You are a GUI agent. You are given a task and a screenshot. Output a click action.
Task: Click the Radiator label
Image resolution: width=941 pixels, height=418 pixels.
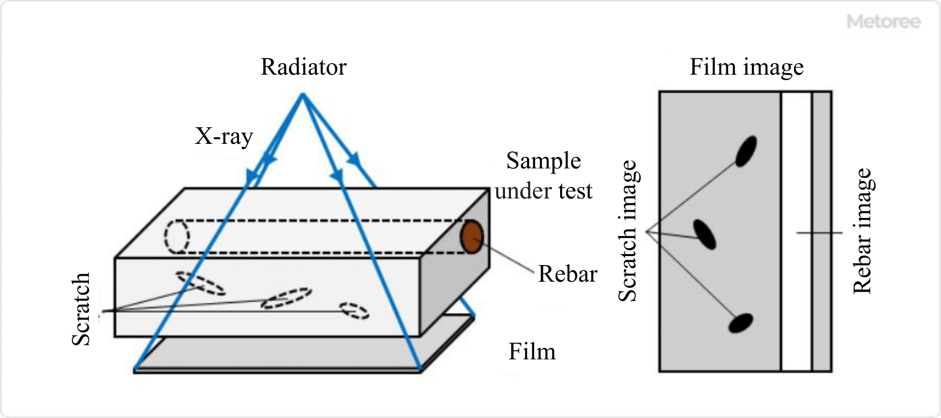pyautogui.click(x=303, y=67)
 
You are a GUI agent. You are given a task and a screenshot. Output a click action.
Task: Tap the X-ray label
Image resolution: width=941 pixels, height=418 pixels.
pyautogui.click(x=223, y=136)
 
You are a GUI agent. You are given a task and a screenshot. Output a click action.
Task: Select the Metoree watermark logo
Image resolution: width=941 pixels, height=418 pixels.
pyautogui.click(x=883, y=22)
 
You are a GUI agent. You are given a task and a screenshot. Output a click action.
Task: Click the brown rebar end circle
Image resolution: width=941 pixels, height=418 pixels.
pyautogui.click(x=472, y=237)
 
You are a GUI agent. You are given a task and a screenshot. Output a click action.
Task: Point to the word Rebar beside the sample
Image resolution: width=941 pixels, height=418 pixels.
pyautogui.click(x=567, y=274)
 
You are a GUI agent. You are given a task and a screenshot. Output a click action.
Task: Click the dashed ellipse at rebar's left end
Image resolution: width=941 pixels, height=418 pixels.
pyautogui.click(x=177, y=237)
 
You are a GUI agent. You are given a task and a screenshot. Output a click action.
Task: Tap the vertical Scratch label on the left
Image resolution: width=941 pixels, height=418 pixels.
pyautogui.click(x=80, y=309)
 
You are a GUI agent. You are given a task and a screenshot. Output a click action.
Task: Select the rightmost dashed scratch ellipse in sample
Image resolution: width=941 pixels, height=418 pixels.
pyautogui.click(x=354, y=310)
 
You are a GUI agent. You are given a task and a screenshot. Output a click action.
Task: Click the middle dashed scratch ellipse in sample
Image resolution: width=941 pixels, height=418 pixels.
pyautogui.click(x=287, y=298)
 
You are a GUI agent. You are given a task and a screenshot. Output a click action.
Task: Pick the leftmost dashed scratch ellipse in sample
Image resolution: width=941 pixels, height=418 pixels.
pyautogui.click(x=200, y=283)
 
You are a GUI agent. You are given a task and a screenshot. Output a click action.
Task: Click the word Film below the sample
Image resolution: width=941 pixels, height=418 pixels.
pyautogui.click(x=531, y=352)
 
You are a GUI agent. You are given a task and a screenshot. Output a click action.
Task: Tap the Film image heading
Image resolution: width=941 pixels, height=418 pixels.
pyautogui.click(x=746, y=67)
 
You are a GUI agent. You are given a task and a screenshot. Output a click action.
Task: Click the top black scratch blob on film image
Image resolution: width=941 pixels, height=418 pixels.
pyautogui.click(x=746, y=151)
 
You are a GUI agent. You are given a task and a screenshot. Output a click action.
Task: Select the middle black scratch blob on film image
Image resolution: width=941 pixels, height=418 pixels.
pyautogui.click(x=705, y=234)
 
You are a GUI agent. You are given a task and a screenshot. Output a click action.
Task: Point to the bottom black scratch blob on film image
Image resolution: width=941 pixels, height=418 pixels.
pyautogui.click(x=741, y=323)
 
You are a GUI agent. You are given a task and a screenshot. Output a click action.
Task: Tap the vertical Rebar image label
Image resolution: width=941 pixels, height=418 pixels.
pyautogui.click(x=863, y=231)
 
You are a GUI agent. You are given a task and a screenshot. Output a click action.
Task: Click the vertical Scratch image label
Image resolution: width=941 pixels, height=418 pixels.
pyautogui.click(x=627, y=231)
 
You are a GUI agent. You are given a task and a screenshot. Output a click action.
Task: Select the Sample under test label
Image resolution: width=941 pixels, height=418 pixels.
pyautogui.click(x=543, y=176)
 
